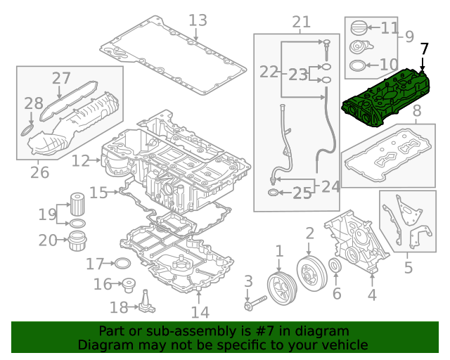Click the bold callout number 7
tap(423, 49)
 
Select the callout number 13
tap(198, 20)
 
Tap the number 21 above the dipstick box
tap(301, 22)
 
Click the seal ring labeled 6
tap(335, 266)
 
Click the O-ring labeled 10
tap(357, 67)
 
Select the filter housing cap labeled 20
tap(77, 241)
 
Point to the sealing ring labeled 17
tap(122, 264)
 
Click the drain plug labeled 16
tap(128, 285)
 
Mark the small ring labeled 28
tap(26, 130)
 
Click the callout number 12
tap(81, 161)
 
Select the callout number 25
tap(302, 193)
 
